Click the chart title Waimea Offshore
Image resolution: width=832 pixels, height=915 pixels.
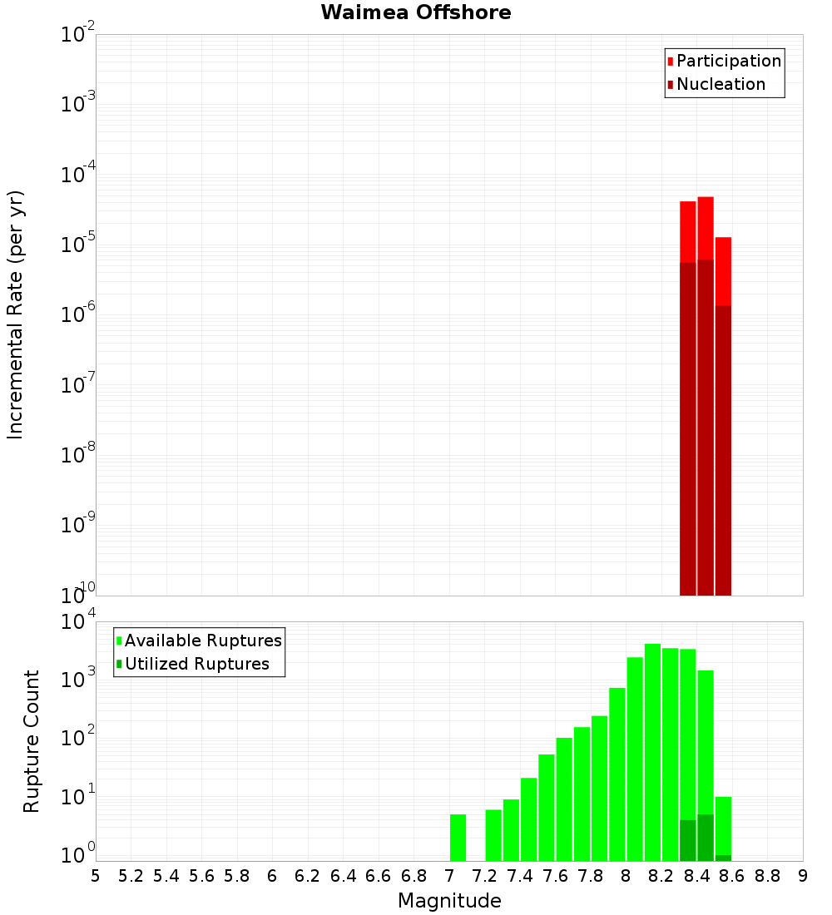tap(416, 13)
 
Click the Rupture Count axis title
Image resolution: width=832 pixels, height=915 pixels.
tap(32, 740)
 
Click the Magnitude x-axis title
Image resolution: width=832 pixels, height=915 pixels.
tap(449, 901)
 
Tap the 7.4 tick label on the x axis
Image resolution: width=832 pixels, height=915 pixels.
tap(520, 876)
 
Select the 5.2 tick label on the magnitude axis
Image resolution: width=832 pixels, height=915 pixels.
tap(131, 876)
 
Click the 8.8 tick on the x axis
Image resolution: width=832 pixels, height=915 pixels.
tap(767, 876)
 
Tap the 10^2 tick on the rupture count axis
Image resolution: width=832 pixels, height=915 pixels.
tap(78, 737)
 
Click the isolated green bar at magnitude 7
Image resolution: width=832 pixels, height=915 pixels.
tap(458, 838)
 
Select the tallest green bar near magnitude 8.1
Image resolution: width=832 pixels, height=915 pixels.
tap(652, 749)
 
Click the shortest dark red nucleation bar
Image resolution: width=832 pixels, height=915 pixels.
tap(723, 449)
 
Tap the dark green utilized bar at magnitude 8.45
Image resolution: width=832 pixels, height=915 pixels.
tap(706, 838)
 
